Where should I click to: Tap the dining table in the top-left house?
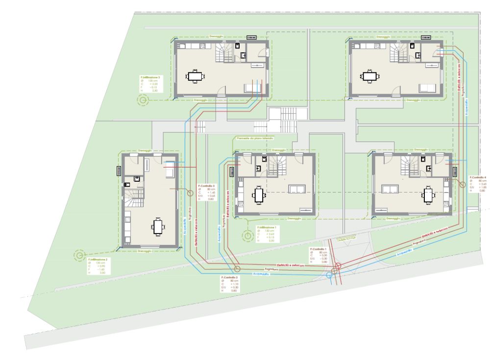coord(195,76)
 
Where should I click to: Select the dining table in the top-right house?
coord(368,76)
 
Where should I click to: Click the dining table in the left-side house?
coord(158,226)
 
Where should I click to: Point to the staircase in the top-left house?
coord(226,52)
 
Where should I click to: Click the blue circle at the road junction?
coord(329,275)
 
